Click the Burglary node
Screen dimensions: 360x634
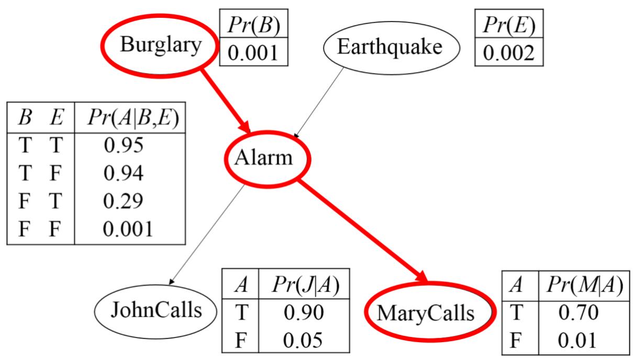tap(160, 46)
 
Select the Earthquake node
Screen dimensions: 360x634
tap(390, 48)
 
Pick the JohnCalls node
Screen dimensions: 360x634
tap(156, 311)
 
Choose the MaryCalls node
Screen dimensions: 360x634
tap(425, 313)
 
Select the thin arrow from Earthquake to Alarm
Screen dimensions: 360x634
tap(319, 103)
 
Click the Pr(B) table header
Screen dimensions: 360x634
tap(254, 24)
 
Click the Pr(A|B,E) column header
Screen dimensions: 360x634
tap(129, 118)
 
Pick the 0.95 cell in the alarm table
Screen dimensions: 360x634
tap(124, 145)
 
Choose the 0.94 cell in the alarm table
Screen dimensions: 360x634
tap(124, 173)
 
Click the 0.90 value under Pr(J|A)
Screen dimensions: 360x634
tap(304, 312)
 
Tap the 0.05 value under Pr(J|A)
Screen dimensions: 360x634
tap(304, 340)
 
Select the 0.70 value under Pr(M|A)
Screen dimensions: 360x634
tap(577, 313)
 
